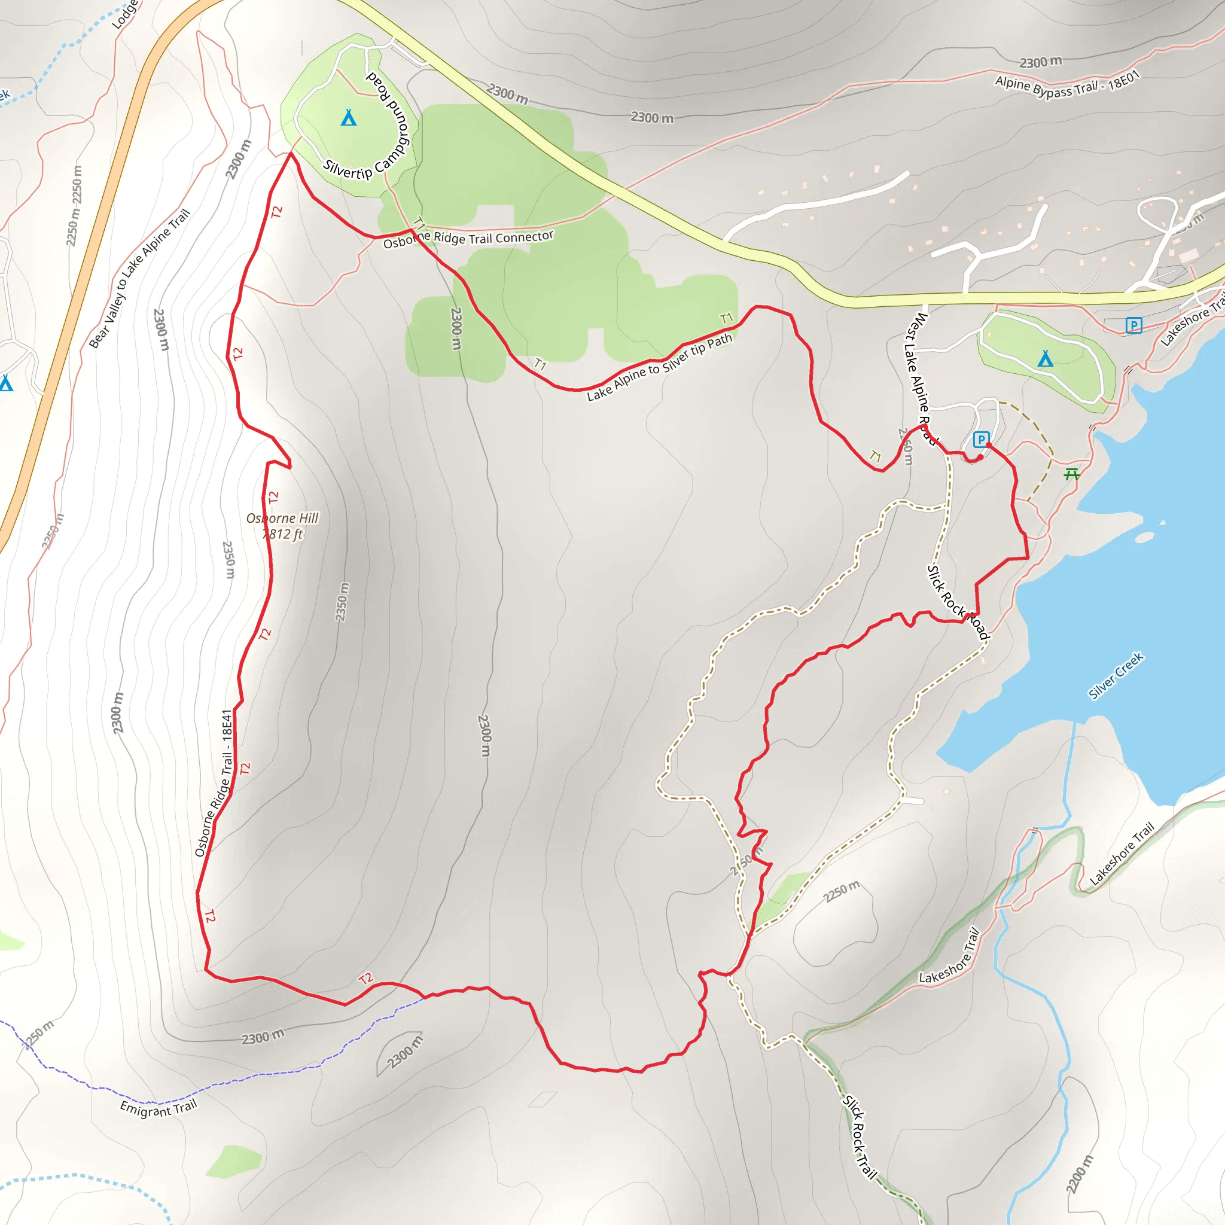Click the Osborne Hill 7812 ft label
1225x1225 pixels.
point(283,526)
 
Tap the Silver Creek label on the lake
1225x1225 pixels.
point(1116,676)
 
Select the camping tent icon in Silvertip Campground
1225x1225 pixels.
point(348,118)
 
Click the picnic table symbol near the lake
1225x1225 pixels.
point(1071,474)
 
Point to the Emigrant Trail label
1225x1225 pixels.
point(159,1108)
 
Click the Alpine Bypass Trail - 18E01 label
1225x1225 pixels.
point(1067,86)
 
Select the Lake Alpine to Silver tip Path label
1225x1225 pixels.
point(659,368)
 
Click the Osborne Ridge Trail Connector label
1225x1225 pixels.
point(468,239)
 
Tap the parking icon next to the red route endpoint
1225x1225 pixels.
point(981,440)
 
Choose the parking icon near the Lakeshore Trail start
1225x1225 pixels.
point(1133,325)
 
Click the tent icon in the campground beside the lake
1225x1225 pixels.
point(1045,359)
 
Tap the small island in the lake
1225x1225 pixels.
point(1144,538)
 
